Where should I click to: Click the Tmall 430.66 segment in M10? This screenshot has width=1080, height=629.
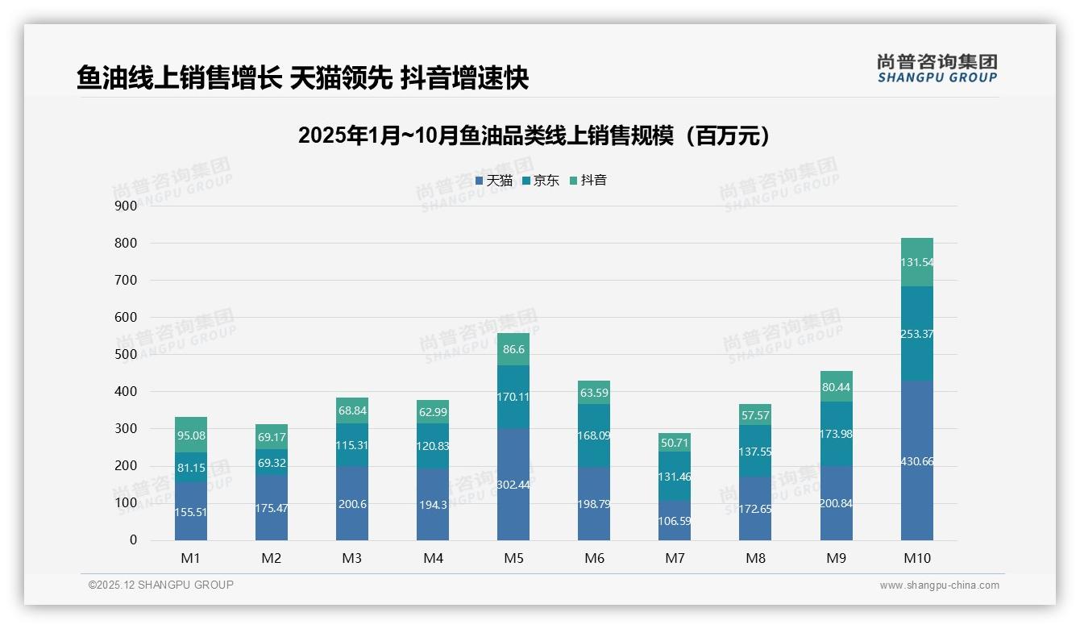pos(916,460)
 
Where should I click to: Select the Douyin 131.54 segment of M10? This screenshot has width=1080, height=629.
pos(916,262)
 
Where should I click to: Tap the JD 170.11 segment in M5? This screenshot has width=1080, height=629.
pos(513,397)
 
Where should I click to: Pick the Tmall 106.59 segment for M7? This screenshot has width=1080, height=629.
pos(675,520)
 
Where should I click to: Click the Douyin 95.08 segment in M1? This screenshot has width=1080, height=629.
pos(191,435)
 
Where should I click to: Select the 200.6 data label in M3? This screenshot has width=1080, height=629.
pos(352,503)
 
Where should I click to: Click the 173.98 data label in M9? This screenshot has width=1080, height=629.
pos(836,434)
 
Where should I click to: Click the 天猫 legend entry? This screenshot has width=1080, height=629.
pos(494,181)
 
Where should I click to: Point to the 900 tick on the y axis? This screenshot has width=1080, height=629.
pos(126,206)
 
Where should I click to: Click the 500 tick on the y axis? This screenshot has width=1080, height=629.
pos(126,355)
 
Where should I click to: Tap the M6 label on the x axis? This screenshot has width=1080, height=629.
pos(594,558)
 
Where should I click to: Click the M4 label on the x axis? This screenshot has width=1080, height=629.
pos(433,558)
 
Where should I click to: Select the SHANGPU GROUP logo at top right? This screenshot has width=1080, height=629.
pos(937,69)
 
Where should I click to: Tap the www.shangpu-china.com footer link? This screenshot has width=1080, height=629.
pos(939,585)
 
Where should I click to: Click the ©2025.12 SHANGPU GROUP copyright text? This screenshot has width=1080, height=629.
pos(161,585)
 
